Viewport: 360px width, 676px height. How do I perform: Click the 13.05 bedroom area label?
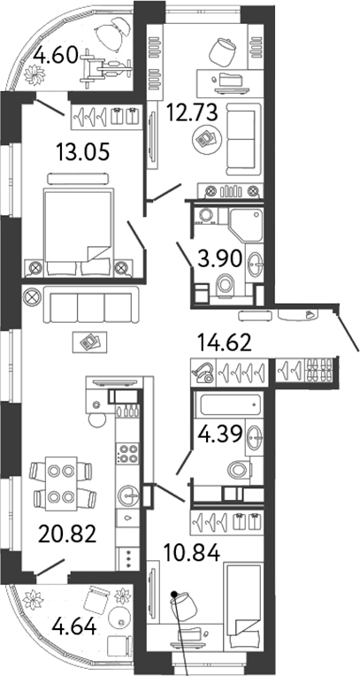[x=82, y=152]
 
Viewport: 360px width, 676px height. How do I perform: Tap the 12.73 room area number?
[x=192, y=114]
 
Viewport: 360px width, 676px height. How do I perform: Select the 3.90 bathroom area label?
[x=219, y=259]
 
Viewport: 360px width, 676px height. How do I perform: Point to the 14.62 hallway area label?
[x=224, y=343]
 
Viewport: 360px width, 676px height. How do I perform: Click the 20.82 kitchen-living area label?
[x=66, y=534]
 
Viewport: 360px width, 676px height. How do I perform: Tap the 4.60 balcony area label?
[x=56, y=56]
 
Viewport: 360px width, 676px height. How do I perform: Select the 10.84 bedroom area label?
[x=192, y=552]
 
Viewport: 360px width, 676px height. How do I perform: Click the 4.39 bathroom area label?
[x=218, y=434]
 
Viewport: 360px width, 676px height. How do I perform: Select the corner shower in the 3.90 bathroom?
[x=246, y=225]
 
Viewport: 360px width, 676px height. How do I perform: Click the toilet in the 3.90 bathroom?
[x=226, y=285]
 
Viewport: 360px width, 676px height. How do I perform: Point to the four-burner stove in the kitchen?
[x=128, y=453]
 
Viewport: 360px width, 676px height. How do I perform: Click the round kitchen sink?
[x=127, y=495]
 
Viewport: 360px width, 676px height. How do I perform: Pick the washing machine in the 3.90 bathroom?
[x=205, y=217]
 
